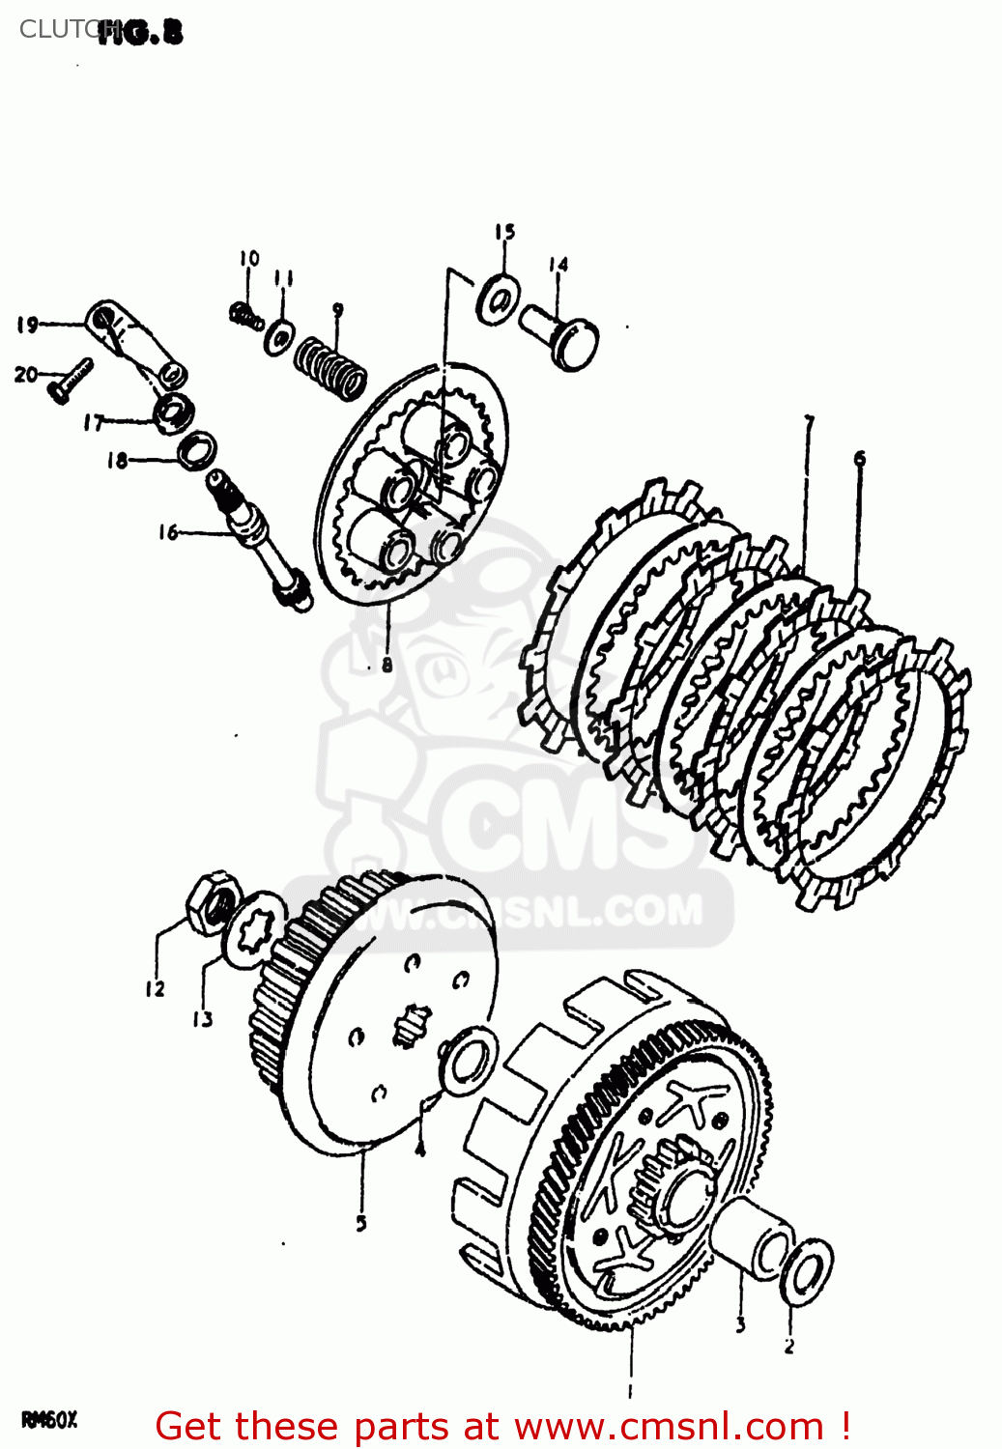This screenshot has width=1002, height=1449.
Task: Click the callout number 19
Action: tap(26, 325)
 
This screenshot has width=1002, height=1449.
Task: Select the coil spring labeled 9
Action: tap(330, 368)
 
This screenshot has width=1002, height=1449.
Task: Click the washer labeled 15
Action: tap(499, 299)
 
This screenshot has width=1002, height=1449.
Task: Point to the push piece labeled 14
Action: tap(563, 335)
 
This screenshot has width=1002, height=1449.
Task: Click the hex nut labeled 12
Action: tap(212, 902)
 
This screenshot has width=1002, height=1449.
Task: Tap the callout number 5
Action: tap(361, 1223)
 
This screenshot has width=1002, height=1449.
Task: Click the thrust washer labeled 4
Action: tap(470, 1061)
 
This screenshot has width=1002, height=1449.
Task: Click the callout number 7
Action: tap(809, 423)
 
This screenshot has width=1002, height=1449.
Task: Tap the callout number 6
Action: tap(859, 459)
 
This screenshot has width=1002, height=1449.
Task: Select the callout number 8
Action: tap(386, 665)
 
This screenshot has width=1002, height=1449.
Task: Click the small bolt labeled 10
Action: tap(245, 314)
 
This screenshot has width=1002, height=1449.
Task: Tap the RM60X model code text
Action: tap(48, 1420)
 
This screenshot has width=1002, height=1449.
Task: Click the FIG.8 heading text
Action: tap(141, 33)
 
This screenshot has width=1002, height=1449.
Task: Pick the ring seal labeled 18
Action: tap(197, 450)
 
